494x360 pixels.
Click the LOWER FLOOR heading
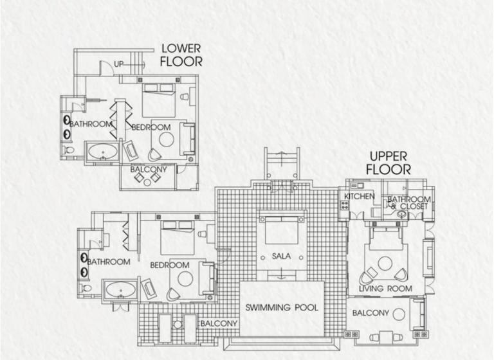(181, 55)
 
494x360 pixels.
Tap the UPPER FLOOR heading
(389, 163)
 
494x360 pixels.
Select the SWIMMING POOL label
(282, 307)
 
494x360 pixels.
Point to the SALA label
(281, 256)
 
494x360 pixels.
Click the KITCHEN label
(359, 196)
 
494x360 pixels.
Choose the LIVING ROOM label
(386, 289)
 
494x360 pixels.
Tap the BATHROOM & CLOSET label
(408, 203)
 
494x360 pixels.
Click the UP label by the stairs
(118, 64)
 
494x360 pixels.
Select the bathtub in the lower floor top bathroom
(103, 152)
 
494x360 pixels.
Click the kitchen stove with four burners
(345, 205)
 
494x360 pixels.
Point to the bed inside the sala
(282, 231)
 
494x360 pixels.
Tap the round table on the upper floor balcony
(399, 314)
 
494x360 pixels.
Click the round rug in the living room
(385, 264)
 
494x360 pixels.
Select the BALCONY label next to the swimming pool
(219, 323)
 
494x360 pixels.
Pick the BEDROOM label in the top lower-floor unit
(151, 127)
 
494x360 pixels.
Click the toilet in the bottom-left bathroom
(85, 288)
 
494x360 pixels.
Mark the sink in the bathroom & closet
(401, 215)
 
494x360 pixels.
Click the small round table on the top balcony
(147, 183)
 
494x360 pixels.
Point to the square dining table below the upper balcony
(386, 337)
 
